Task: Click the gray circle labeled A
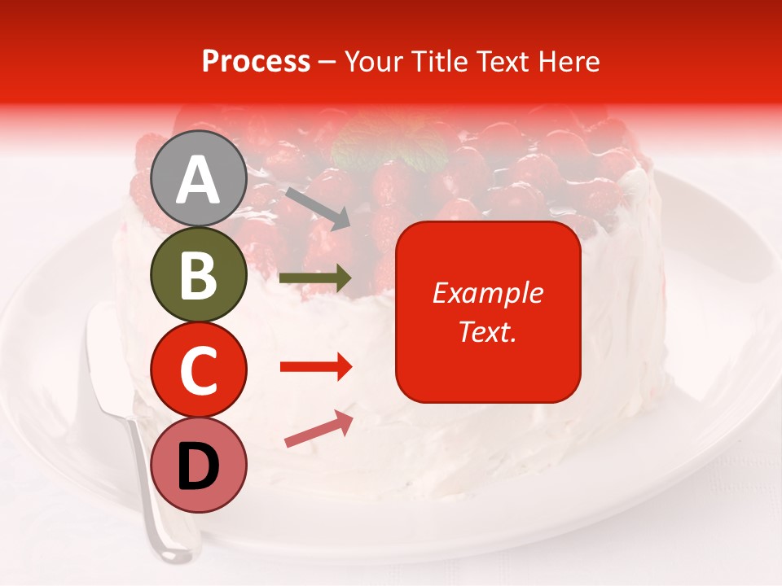click(x=199, y=178)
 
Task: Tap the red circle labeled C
click(x=199, y=370)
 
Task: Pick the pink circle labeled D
click(x=199, y=465)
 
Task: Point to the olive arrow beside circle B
click(x=316, y=278)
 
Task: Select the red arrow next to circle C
click(x=316, y=367)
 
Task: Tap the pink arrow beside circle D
click(x=319, y=430)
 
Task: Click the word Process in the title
click(x=256, y=62)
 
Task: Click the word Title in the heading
click(x=436, y=62)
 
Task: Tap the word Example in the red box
click(x=487, y=293)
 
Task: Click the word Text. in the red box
click(x=487, y=331)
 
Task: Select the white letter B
click(x=199, y=275)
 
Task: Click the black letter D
click(x=199, y=466)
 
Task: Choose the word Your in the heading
click(x=373, y=62)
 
